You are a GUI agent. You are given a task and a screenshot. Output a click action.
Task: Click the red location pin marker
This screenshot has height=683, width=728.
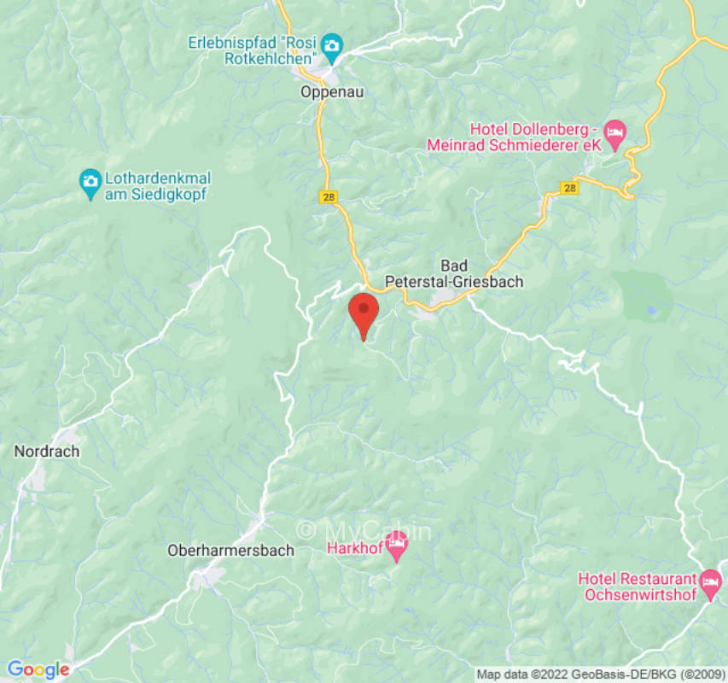click(364, 312)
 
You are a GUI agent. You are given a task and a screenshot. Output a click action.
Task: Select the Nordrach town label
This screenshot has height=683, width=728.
click(47, 452)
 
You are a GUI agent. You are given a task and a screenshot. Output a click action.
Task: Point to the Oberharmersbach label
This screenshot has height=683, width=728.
click(230, 551)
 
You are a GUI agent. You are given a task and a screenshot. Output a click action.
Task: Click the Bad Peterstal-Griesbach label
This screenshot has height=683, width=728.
click(454, 273)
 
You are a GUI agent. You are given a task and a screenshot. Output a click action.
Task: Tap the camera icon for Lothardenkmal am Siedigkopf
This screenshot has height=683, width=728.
click(90, 181)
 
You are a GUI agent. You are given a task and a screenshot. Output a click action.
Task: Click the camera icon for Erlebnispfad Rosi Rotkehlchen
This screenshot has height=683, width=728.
click(332, 43)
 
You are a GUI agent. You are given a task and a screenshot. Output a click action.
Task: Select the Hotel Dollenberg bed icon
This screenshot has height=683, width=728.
click(614, 131)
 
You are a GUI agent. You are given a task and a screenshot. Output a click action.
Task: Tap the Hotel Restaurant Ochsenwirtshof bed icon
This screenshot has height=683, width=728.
click(710, 581)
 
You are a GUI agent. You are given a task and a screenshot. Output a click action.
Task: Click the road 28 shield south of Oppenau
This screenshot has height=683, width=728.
click(329, 197)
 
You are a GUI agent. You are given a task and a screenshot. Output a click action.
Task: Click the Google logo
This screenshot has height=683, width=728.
click(38, 670)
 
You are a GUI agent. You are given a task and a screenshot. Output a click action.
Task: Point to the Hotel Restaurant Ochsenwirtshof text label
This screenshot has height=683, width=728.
click(638, 587)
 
